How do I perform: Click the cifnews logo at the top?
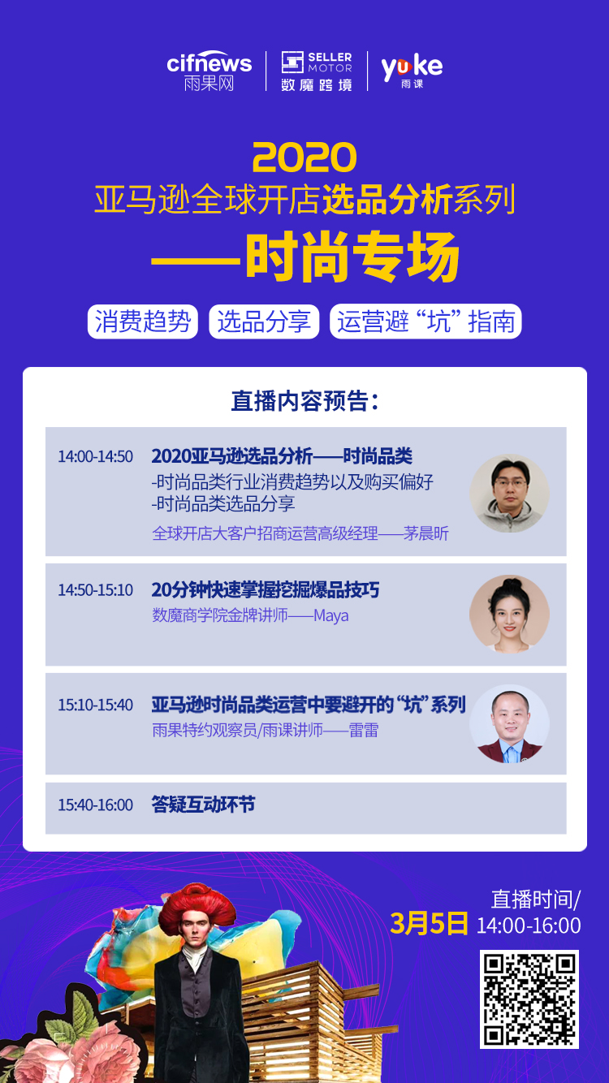coord(209,71)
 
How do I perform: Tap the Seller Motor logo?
coord(317,71)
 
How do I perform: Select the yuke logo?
coord(412,71)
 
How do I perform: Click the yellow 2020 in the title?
coord(304,157)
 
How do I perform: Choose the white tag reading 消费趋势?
coord(143,321)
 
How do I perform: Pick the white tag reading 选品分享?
coord(264,321)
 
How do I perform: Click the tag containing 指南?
coord(425,321)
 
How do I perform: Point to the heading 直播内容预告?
coord(304,401)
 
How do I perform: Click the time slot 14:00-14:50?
coord(95,456)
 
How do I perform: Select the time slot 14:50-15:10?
coord(95,589)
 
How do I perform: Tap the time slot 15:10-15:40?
coord(95,705)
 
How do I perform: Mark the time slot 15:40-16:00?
coord(95,805)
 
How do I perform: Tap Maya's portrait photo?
coord(510,615)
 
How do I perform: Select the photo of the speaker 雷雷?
coord(510,725)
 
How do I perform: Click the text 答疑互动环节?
coord(203,805)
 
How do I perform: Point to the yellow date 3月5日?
coord(430,924)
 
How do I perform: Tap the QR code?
coord(529,999)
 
